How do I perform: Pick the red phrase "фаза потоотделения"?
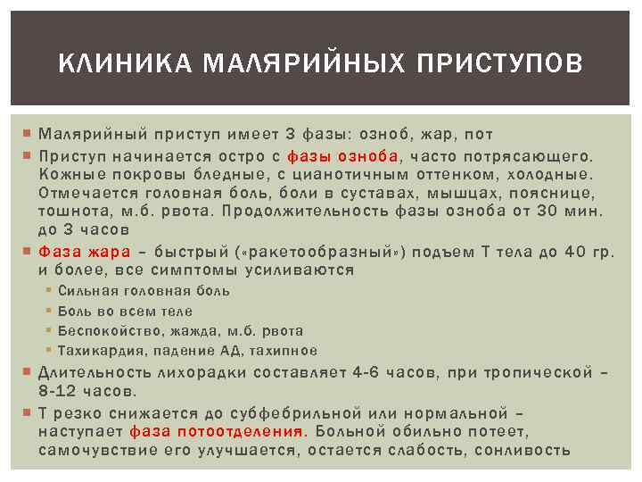tap(218, 432)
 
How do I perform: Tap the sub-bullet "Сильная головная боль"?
tap(144, 291)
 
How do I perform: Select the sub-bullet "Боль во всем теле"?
tap(125, 312)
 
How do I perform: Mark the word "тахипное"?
tap(283, 351)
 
